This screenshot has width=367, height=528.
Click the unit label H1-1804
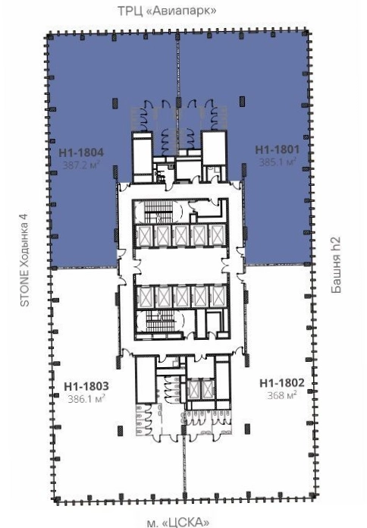tap(81, 152)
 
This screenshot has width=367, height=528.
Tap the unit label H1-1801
tap(277, 149)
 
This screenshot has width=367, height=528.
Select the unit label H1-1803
tap(86, 386)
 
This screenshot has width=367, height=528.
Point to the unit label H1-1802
tap(282, 383)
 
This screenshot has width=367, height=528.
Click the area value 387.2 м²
tap(81, 165)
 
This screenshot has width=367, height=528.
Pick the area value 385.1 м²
tap(278, 162)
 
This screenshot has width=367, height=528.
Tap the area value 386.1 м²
tap(86, 399)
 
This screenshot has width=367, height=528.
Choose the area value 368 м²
tap(282, 395)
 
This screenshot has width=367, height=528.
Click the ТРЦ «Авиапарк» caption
tap(167, 11)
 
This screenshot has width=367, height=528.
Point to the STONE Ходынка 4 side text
tap(25, 259)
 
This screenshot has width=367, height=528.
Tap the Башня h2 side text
tap(336, 265)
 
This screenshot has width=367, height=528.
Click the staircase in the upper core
tap(158, 212)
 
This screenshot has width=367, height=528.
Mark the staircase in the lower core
tap(160, 321)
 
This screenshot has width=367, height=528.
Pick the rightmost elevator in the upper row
tap(217, 235)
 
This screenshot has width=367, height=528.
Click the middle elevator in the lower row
tap(181, 297)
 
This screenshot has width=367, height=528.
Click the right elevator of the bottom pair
tap(208, 389)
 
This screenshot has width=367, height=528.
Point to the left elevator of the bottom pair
tap(194, 389)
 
